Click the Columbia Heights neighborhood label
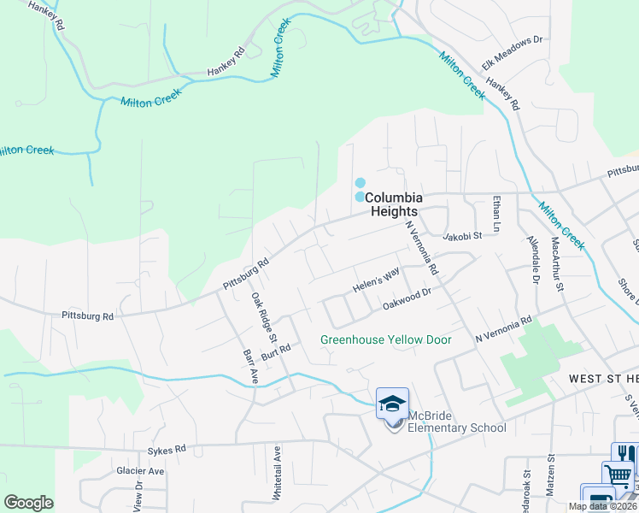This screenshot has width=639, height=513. click(393, 203)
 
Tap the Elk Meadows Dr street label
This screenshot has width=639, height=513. click(513, 51)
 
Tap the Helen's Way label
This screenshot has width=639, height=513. click(376, 280)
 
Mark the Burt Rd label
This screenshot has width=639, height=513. click(277, 351)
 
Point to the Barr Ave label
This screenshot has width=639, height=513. click(249, 364)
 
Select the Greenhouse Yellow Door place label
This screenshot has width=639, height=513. click(385, 339)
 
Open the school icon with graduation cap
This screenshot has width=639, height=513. click(392, 404)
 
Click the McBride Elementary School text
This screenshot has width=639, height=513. click(456, 422)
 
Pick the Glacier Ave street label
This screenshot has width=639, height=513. click(140, 471)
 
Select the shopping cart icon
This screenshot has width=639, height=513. click(617, 476)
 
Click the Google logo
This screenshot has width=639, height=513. click(28, 503)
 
